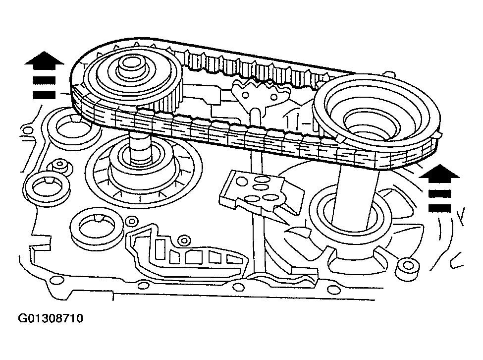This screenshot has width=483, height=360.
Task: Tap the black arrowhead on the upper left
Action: click(x=44, y=59)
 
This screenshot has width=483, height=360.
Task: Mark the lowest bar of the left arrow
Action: click(x=44, y=94)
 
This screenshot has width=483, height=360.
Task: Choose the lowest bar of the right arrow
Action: click(x=439, y=208)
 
